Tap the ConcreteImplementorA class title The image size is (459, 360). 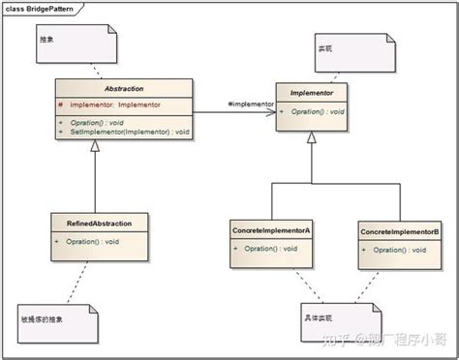(271, 231)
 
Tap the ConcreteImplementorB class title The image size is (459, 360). (399, 231)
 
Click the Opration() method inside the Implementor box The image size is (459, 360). (315, 113)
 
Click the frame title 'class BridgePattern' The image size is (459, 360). (41, 7)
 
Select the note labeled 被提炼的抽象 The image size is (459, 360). (58, 318)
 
